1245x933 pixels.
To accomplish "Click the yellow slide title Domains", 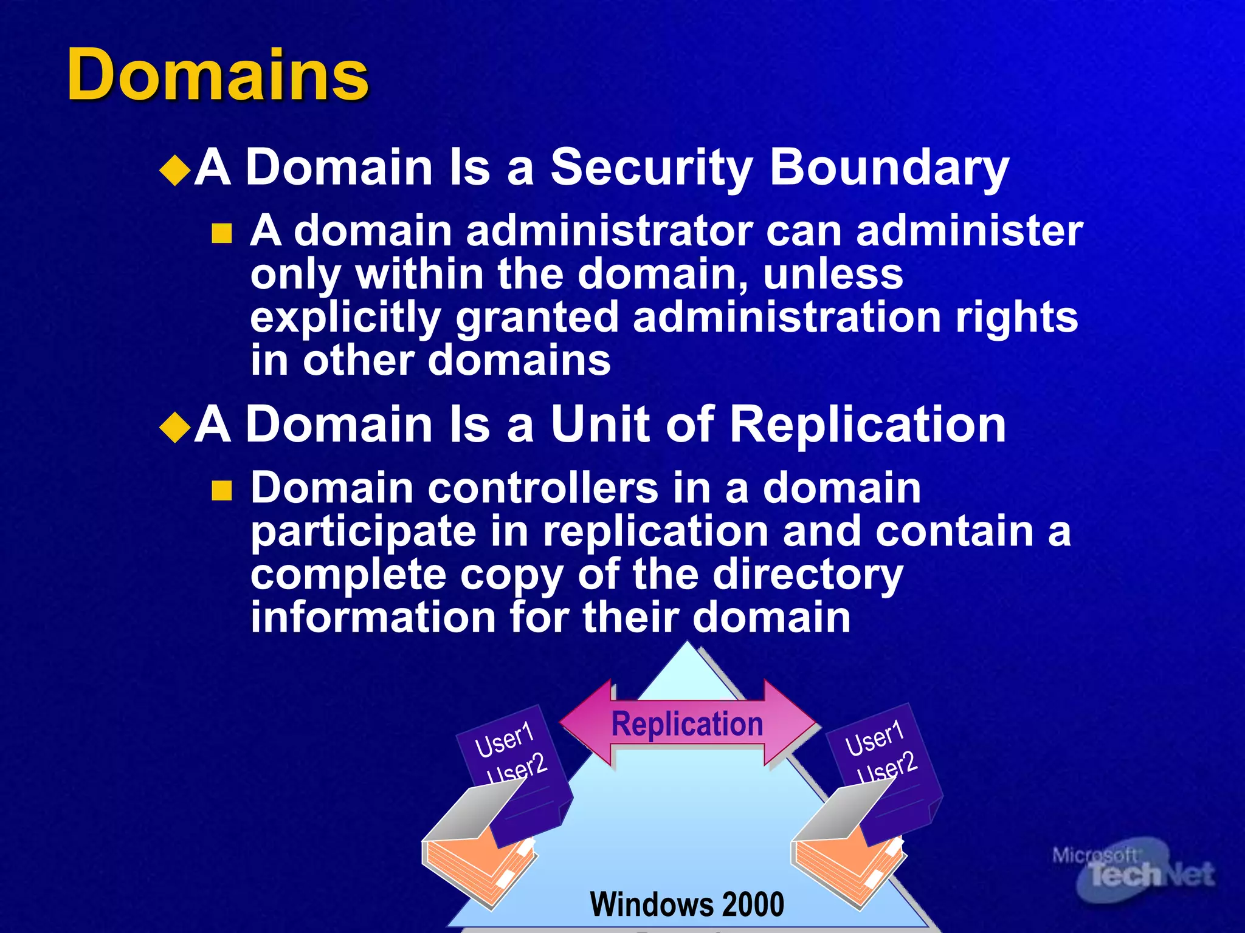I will [218, 75].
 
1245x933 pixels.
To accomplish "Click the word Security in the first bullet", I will [651, 168].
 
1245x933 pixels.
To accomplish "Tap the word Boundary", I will [889, 168].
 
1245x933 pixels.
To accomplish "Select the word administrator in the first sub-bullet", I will [610, 231].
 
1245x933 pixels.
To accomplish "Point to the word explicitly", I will [345, 318].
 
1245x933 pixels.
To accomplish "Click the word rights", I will [1016, 317].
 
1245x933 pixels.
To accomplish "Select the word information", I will [373, 618].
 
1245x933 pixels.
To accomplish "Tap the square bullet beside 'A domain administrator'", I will [222, 233].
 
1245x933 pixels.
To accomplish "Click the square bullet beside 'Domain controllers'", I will [222, 490].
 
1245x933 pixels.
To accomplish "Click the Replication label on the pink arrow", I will [687, 724].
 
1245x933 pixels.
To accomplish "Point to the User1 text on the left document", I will [504, 740].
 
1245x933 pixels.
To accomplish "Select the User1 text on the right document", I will [874, 738].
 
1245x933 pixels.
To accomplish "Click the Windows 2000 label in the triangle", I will [687, 904].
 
